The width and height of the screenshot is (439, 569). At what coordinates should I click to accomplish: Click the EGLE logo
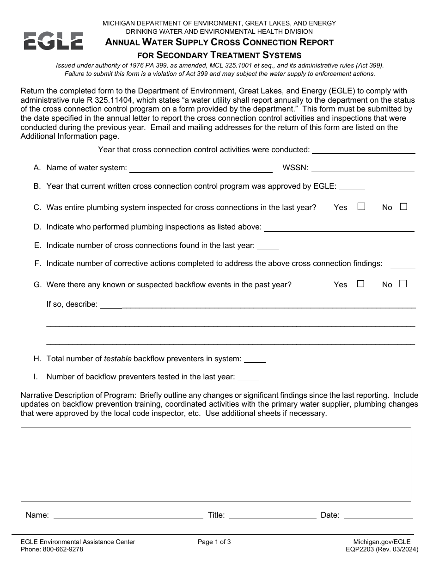click(53, 41)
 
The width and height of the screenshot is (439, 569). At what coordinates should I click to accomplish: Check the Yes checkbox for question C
click(361, 207)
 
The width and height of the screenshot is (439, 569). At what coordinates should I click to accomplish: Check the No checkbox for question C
click(403, 207)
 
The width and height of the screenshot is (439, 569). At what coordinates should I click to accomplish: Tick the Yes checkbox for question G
click(360, 284)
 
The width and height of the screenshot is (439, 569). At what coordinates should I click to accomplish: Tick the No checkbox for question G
click(402, 284)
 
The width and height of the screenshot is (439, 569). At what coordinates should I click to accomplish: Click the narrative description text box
click(216, 464)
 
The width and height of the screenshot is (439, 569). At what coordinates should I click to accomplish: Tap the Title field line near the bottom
click(273, 515)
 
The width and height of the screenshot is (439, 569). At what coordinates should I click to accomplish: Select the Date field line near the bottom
click(378, 515)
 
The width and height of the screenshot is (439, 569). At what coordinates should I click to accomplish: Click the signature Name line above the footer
click(128, 515)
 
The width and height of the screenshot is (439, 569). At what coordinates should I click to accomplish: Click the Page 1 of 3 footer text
click(214, 542)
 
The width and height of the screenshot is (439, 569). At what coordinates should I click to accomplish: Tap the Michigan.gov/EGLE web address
click(382, 542)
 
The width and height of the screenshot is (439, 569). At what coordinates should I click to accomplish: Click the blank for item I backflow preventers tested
click(248, 377)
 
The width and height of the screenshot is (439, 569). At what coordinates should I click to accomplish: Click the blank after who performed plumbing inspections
click(339, 228)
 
